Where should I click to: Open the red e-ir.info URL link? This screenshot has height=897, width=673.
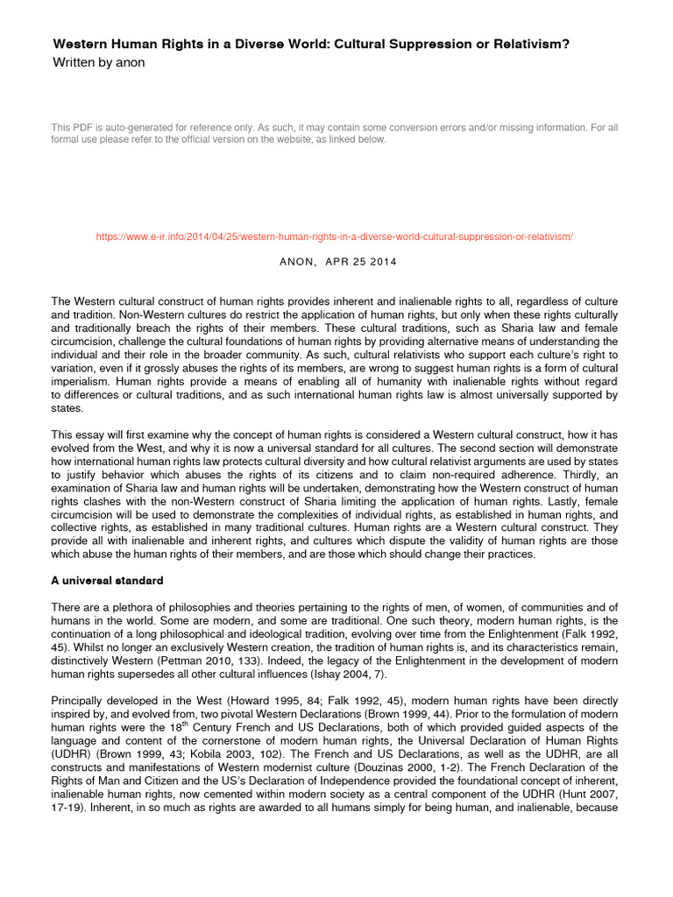point(335,237)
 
